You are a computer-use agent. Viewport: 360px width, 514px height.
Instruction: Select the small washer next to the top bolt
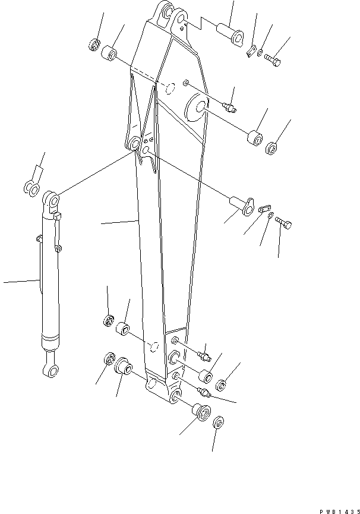coord(261,55)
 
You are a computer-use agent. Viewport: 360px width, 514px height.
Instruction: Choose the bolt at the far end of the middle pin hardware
coord(285,223)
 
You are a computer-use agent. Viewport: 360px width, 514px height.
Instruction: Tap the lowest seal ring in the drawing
coord(217,422)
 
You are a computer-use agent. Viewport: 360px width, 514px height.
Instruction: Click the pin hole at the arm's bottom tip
coord(175,395)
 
